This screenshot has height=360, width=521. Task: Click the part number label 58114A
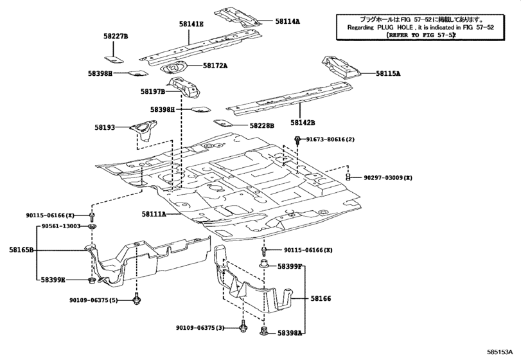pyautogui.click(x=287, y=21)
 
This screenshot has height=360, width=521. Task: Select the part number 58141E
pyautogui.click(x=191, y=24)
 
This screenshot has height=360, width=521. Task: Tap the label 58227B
pyautogui.click(x=116, y=36)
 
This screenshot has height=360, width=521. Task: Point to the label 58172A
pyautogui.click(x=215, y=66)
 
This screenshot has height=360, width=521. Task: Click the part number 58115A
pyautogui.click(x=388, y=73)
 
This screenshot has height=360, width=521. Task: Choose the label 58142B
pyautogui.click(x=303, y=123)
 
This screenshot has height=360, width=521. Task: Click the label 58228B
pyautogui.click(x=262, y=125)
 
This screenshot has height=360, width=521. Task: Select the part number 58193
pyautogui.click(x=105, y=127)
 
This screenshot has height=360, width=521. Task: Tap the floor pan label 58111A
pyautogui.click(x=154, y=214)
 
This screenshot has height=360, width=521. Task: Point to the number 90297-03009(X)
pyautogui.click(x=388, y=178)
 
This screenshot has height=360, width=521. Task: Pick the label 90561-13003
pyautogui.click(x=61, y=226)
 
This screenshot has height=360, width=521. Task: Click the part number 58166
pyautogui.click(x=321, y=298)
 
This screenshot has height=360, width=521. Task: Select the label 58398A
pyautogui.click(x=290, y=333)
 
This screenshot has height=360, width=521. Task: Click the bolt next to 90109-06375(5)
pyautogui.click(x=137, y=300)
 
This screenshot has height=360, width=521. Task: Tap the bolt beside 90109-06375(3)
pyautogui.click(x=243, y=327)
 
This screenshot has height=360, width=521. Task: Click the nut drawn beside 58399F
pyautogui.click(x=264, y=264)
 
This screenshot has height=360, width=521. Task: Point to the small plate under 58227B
pyautogui.click(x=114, y=60)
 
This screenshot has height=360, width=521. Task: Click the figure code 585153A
pyautogui.click(x=500, y=352)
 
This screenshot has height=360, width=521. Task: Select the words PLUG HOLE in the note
pyautogui.click(x=395, y=27)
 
